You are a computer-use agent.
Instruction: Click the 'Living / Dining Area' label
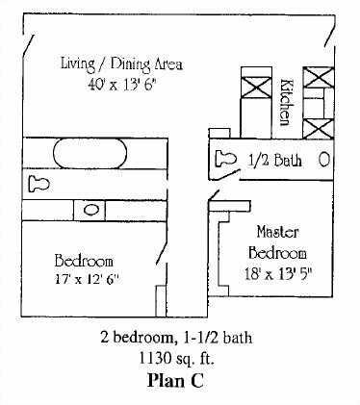(x=121, y=63)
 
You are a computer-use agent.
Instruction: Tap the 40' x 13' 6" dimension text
(x=121, y=85)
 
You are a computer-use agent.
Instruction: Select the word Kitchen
(x=285, y=102)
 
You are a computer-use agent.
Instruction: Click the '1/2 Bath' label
(x=275, y=160)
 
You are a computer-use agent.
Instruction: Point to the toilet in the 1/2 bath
(x=225, y=159)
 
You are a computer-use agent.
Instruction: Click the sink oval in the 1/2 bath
(x=324, y=160)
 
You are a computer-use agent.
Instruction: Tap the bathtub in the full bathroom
(x=90, y=153)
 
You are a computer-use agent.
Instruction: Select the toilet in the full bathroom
(x=39, y=184)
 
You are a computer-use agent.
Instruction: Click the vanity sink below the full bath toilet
(x=91, y=210)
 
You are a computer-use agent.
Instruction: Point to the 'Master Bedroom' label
(x=278, y=242)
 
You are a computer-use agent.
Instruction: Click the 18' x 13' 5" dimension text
(x=278, y=274)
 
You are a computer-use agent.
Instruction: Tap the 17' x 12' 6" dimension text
(x=87, y=279)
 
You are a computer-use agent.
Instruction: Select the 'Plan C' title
(x=175, y=381)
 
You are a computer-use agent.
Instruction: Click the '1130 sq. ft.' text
(x=176, y=358)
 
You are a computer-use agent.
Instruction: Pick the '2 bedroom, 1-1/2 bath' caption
(x=176, y=338)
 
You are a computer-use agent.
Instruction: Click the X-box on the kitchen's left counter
(x=256, y=88)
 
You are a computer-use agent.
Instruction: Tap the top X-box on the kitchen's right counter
(x=319, y=77)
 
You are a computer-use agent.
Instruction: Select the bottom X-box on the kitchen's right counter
(x=319, y=129)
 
